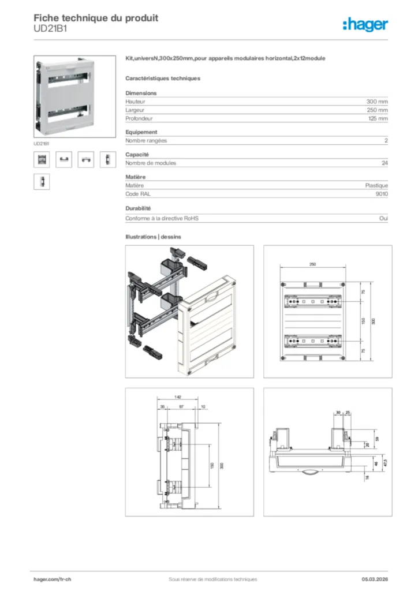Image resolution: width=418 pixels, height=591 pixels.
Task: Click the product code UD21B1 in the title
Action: point(50,28)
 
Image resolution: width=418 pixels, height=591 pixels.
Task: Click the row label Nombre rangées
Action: point(146,141)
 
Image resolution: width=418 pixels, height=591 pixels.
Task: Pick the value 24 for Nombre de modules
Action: point(385,163)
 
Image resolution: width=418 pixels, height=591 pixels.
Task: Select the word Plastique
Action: point(376,185)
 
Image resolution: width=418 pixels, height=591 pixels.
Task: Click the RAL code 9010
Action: point(382,194)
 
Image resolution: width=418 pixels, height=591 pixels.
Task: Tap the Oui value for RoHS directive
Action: point(384,219)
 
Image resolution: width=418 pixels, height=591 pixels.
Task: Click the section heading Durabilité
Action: point(139,208)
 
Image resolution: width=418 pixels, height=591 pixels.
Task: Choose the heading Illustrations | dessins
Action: point(154,237)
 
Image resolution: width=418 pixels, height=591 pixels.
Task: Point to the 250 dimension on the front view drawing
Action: point(312,264)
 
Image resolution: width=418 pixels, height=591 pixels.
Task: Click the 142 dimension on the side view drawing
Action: point(178,398)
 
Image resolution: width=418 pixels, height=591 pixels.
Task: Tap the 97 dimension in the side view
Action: point(182,407)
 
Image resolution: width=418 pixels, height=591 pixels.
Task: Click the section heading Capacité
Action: point(137,154)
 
